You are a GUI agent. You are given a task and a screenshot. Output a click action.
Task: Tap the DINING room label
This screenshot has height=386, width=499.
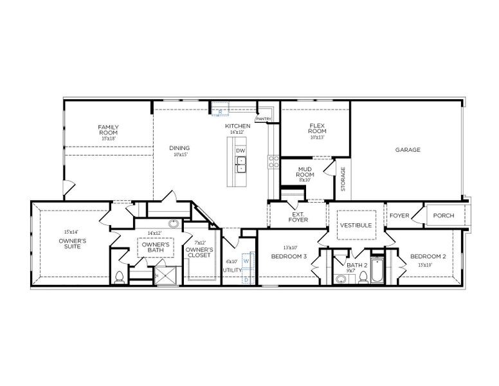pos(179,148)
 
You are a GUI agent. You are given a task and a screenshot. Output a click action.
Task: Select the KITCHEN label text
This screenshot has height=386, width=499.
pos(237,125)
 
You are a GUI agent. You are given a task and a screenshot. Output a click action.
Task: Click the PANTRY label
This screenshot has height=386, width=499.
pos(263,119)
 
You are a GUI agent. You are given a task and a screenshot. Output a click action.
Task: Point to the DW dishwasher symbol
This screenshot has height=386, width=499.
pos(240,151)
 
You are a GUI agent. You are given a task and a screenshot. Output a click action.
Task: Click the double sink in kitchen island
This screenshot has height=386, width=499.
pos(240,169)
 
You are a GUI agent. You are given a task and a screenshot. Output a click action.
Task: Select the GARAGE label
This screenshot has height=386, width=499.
pos(408,149)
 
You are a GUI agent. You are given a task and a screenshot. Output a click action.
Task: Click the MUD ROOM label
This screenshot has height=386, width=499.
pos(304,172)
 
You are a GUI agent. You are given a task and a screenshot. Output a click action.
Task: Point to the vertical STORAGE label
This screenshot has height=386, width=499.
pos(343,179)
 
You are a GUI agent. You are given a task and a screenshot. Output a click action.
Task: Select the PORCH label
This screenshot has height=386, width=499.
pos(444,216)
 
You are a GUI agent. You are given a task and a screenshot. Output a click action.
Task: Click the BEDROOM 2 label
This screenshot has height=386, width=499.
pos(428,255)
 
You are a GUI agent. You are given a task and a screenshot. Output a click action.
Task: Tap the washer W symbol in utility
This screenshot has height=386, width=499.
pos(246,261)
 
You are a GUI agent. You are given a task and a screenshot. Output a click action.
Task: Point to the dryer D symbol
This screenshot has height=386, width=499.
pos(246,280)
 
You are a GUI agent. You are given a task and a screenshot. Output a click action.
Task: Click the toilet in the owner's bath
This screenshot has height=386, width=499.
pos(118,277)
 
